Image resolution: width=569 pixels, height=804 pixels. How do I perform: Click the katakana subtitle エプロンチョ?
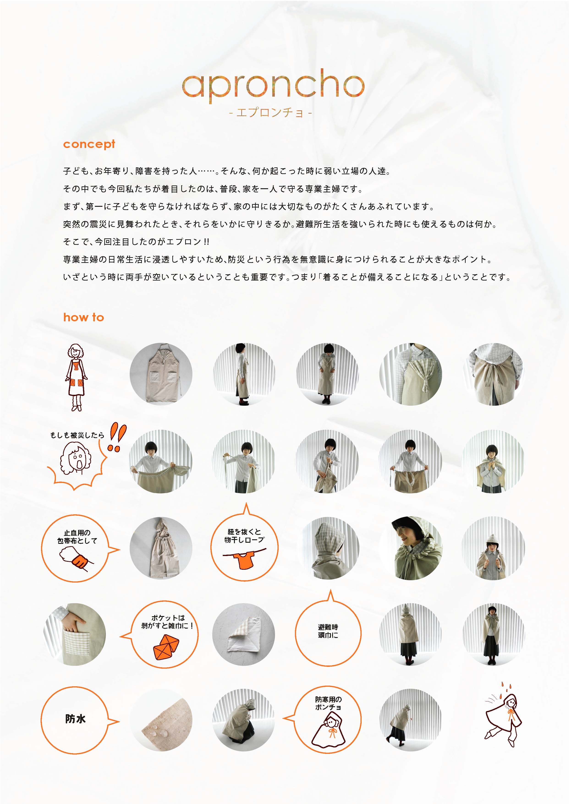[x=270, y=113]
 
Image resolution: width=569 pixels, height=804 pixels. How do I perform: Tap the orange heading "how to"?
[x=83, y=317]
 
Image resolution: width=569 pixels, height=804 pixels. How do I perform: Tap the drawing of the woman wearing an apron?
[x=76, y=377]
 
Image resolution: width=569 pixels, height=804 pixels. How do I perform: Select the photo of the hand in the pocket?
[x=74, y=634]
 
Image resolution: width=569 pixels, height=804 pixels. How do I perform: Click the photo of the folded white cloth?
[x=244, y=634]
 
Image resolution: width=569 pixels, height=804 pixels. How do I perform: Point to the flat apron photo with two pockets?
[x=161, y=374]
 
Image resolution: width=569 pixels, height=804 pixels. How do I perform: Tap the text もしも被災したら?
[x=77, y=435]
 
